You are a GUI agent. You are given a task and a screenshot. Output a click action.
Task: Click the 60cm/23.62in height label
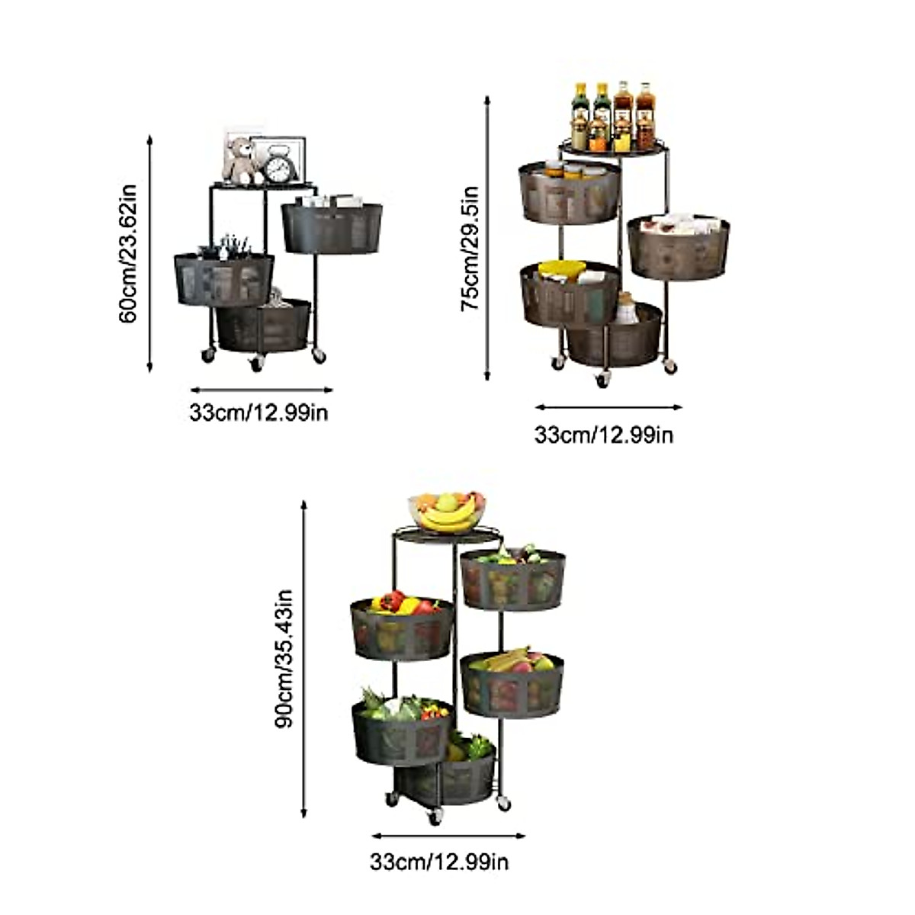pyautogui.click(x=128, y=252)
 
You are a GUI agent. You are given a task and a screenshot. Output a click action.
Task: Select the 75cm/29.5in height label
pyautogui.click(x=470, y=249)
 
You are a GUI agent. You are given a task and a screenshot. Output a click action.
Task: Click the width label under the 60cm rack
pyautogui.click(x=259, y=413)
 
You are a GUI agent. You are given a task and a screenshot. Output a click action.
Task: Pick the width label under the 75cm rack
pyautogui.click(x=604, y=435)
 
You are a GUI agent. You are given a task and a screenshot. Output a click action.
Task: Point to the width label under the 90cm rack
pyautogui.click(x=439, y=862)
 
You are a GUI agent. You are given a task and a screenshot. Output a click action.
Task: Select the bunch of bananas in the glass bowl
pyautogui.click(x=448, y=518)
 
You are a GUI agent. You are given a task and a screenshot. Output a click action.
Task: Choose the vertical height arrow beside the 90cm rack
pyautogui.click(x=304, y=659)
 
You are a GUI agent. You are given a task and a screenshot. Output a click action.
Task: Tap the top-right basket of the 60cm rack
pyautogui.click(x=332, y=226)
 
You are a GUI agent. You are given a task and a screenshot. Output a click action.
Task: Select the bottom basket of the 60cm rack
pyautogui.click(x=264, y=326)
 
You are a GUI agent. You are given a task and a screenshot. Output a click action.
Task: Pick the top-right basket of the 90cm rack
pyautogui.click(x=513, y=579)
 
